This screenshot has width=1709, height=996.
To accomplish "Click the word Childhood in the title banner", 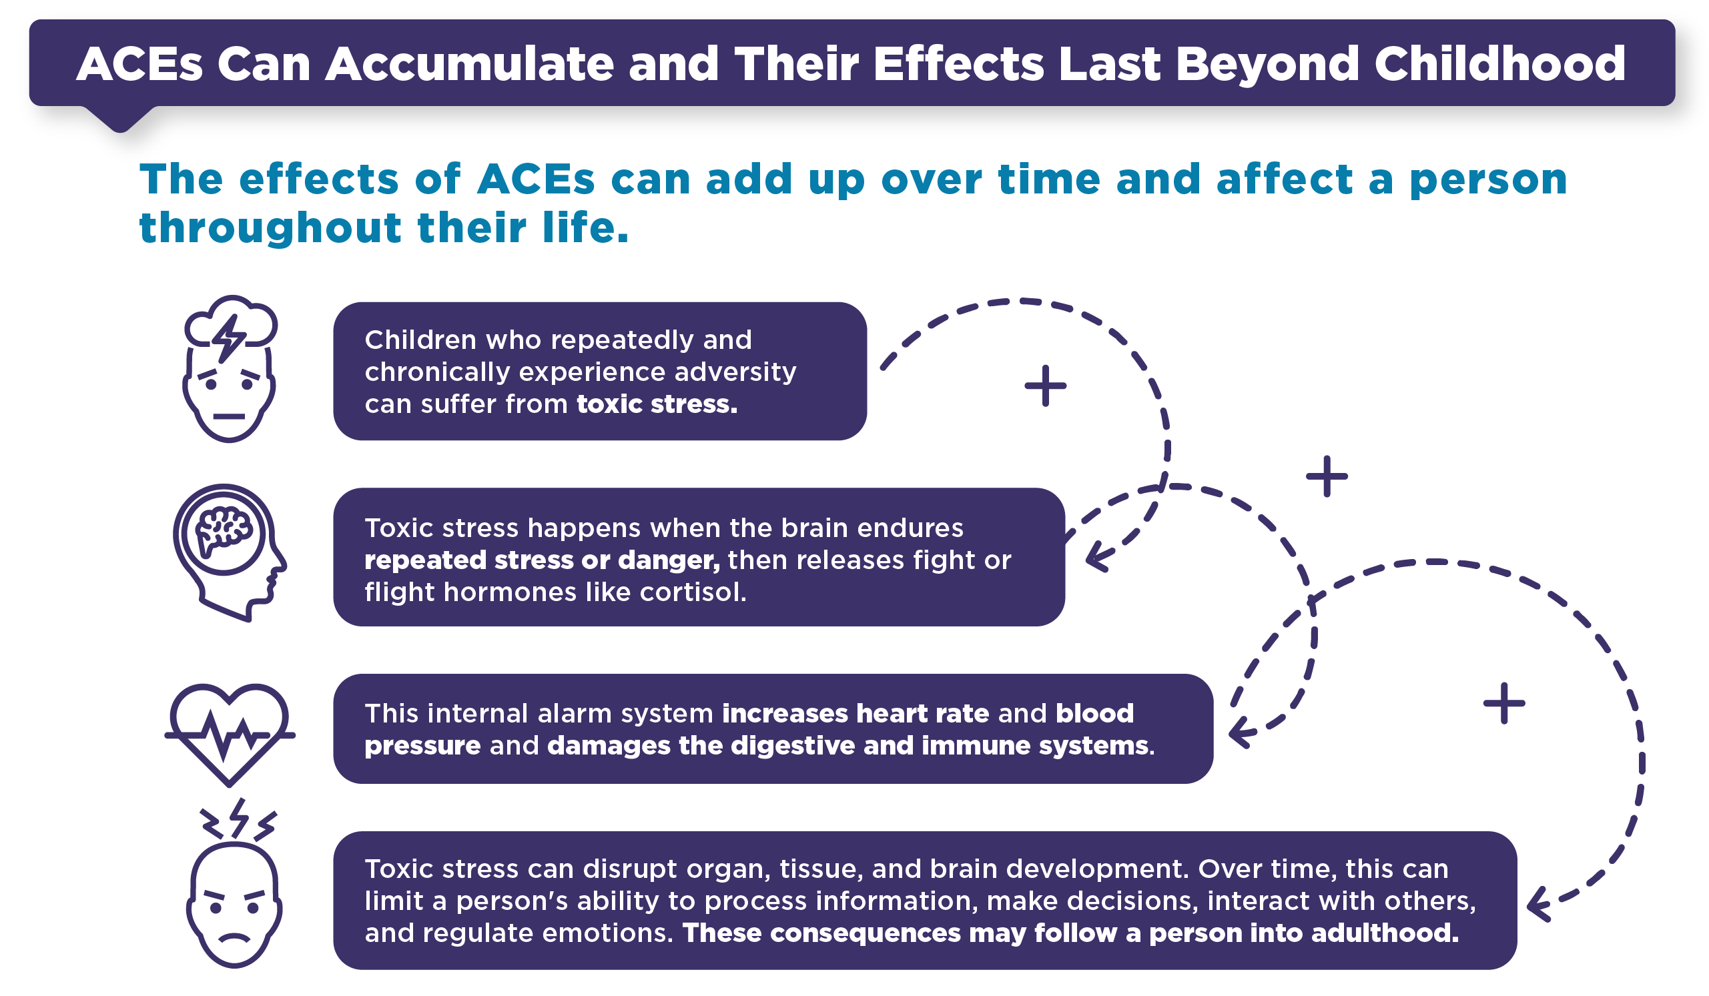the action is click(1499, 64).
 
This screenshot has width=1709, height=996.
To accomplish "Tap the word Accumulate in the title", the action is click(469, 64).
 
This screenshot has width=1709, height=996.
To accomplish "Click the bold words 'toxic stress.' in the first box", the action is click(657, 404).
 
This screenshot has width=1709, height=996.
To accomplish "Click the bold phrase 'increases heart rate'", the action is click(856, 713).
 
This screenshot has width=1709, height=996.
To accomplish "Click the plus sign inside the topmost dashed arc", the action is click(1045, 386).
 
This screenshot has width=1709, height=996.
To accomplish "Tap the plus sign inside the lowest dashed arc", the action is click(1504, 703).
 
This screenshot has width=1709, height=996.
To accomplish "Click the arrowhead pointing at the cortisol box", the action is click(1096, 558).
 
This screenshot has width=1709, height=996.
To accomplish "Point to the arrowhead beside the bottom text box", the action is click(1539, 905).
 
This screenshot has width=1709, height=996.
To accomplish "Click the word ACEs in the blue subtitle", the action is click(536, 179).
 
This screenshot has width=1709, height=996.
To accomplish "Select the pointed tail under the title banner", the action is click(120, 119).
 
